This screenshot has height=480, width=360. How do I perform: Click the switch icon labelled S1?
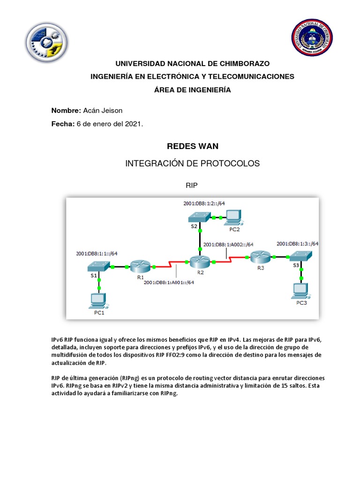[97, 266]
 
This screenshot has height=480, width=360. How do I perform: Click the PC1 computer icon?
[98, 300]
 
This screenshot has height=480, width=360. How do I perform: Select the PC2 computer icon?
[233, 216]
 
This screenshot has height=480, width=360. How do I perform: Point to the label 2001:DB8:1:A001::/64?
[169, 282]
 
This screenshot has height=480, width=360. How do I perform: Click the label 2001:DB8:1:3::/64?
[297, 244]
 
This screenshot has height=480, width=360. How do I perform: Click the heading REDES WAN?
[193, 146]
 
